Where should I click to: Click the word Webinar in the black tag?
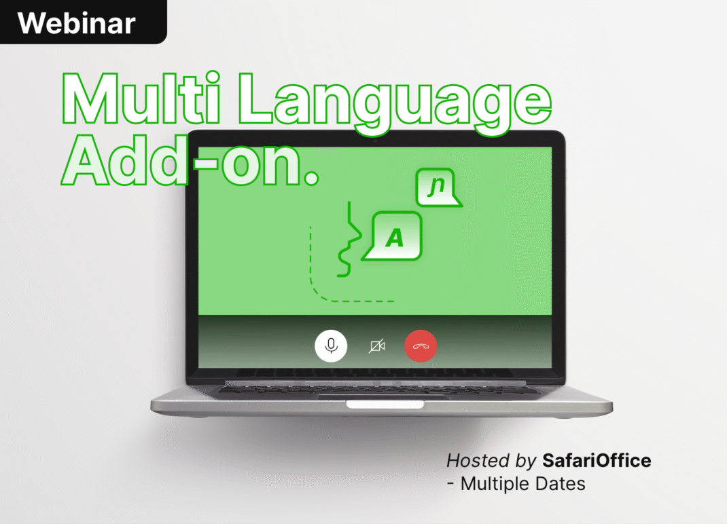(x=77, y=23)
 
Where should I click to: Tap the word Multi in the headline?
(x=141, y=98)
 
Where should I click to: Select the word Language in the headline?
(x=395, y=105)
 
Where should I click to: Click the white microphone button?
(x=331, y=345)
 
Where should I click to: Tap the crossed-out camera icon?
(x=377, y=346)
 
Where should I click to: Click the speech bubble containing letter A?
(x=393, y=236)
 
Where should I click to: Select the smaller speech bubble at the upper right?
(x=438, y=187)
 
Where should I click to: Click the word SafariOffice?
(x=597, y=460)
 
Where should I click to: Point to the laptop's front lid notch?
(x=385, y=405)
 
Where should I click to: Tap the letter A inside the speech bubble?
(x=395, y=238)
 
